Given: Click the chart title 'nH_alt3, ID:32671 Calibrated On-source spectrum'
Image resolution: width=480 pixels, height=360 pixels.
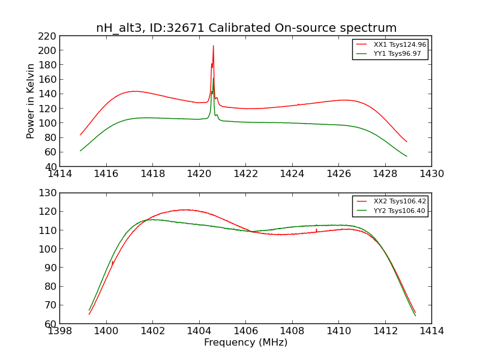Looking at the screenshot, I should click(246, 28).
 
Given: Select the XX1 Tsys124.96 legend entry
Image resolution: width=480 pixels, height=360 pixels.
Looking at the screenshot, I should click(391, 44).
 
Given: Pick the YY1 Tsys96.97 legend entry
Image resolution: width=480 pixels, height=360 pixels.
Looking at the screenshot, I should click(391, 53).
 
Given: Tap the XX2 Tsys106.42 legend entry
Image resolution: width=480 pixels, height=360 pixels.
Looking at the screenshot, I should click(391, 202).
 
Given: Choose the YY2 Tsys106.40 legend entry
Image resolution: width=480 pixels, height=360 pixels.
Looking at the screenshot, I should click(391, 211).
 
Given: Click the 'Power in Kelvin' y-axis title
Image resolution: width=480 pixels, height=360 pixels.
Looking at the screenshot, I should click(31, 101).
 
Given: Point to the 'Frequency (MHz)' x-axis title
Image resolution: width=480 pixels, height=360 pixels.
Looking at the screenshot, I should click(245, 343).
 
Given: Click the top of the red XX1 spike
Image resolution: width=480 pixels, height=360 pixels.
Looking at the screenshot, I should click(213, 46).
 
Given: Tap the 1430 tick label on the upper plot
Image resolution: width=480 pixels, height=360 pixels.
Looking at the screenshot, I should click(431, 174).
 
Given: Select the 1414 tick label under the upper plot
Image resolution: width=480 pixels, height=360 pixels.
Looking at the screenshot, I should click(60, 174).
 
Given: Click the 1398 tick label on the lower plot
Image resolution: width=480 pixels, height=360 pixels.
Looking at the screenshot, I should click(60, 331).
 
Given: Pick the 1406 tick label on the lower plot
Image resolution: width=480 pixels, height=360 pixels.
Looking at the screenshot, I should click(245, 331).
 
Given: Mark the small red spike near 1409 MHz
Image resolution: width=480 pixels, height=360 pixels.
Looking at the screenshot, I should click(316, 229).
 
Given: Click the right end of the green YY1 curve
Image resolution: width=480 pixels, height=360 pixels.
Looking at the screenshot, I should click(407, 156).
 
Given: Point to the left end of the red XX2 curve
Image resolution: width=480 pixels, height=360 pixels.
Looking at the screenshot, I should click(89, 314).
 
